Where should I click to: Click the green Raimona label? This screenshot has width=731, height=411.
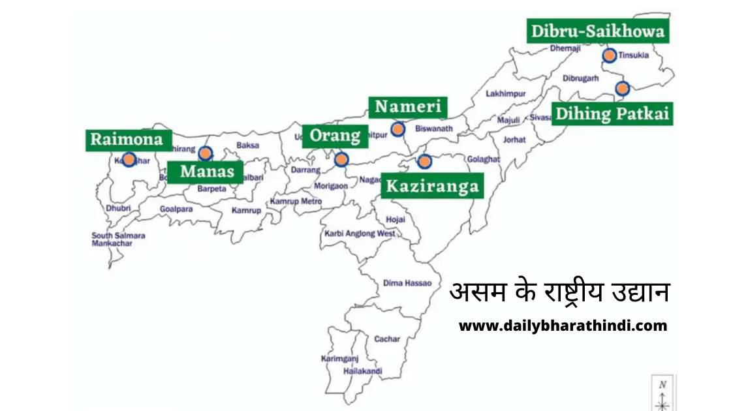click(128, 140)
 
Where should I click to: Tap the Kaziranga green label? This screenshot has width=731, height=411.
click(432, 187)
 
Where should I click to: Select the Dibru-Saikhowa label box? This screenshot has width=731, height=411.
click(597, 31)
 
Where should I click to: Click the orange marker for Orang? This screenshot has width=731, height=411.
click(341, 159)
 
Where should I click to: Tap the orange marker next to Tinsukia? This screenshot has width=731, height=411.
click(610, 55)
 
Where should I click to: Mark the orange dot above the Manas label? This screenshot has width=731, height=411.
click(205, 153)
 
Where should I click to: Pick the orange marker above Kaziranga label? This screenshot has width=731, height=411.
click(424, 160)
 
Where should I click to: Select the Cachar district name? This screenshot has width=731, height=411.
click(387, 339)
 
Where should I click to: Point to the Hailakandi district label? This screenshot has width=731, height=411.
click(363, 371)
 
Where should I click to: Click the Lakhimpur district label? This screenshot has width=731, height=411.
click(505, 94)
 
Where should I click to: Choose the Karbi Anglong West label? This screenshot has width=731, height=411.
click(360, 234)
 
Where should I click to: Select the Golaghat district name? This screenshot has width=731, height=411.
click(483, 159)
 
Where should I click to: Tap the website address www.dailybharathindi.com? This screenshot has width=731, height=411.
click(563, 326)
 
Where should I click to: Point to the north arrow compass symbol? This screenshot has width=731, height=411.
click(662, 394)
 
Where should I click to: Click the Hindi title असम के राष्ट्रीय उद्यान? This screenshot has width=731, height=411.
click(559, 292)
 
